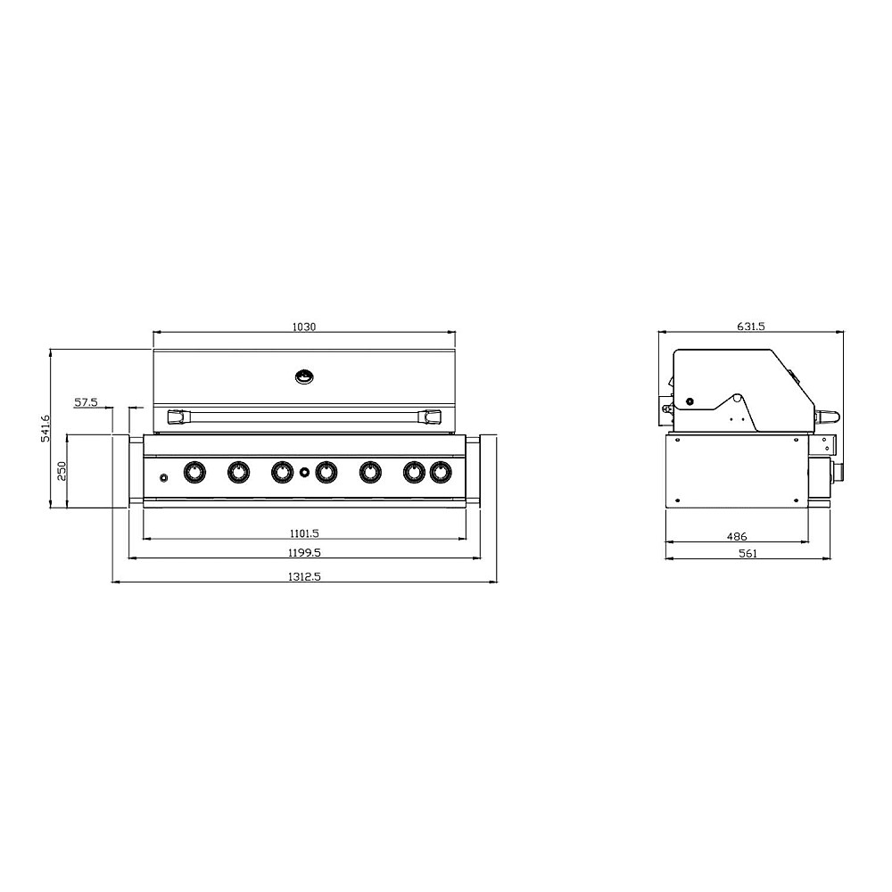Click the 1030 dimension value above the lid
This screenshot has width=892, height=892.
[304, 327]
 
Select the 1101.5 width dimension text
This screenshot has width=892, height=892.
[304, 533]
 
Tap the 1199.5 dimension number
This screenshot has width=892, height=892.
[304, 552]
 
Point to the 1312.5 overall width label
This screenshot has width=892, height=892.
[304, 576]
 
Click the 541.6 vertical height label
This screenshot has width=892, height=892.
[46, 428]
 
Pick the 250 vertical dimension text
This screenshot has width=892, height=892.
[62, 471]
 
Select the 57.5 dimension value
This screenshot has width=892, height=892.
[86, 402]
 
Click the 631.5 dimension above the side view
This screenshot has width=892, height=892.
[751, 326]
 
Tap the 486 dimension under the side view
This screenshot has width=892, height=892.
[737, 536]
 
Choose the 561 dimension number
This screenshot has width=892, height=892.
[748, 553]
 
